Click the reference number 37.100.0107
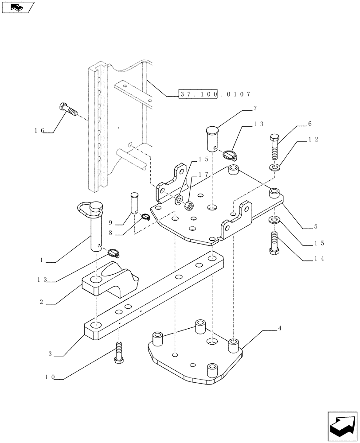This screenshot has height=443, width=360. (x=215, y=94)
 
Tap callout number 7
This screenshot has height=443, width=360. (x=255, y=108)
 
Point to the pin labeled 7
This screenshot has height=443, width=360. (x=212, y=138)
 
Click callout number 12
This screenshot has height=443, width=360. (x=313, y=140)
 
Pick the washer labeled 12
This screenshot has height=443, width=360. (x=274, y=167)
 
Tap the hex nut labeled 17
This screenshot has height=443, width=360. (x=188, y=205)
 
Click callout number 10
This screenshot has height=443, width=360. (x=50, y=377)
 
